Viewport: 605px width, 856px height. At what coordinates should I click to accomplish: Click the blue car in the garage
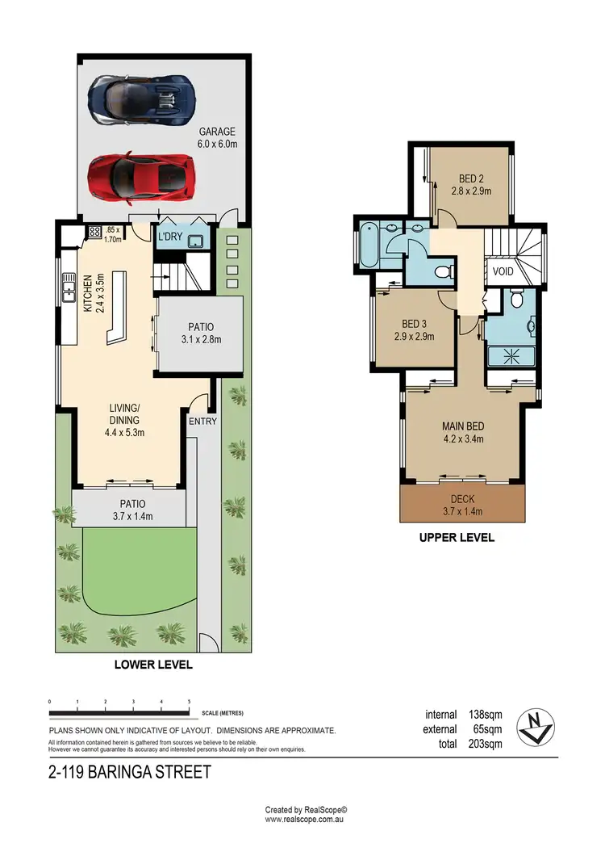[x=141, y=99]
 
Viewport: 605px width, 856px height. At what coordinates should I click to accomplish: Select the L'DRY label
[x=170, y=237]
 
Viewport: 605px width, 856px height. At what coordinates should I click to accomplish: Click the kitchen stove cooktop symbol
[x=94, y=233]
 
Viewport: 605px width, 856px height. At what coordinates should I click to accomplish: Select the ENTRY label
[x=202, y=421]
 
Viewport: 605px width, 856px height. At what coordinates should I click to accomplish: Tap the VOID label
[x=503, y=272]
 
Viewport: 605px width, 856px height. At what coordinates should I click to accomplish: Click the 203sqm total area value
[x=485, y=743]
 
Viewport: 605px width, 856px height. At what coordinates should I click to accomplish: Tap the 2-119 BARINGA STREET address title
[x=129, y=772]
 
